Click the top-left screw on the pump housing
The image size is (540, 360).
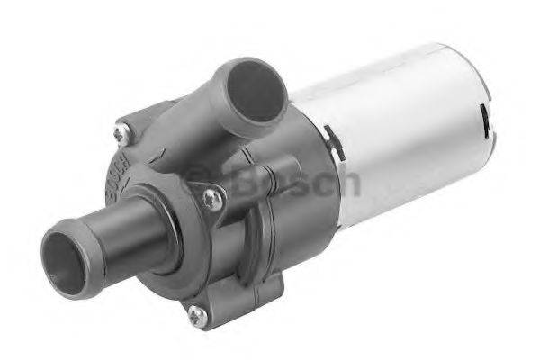[x=120, y=133]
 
